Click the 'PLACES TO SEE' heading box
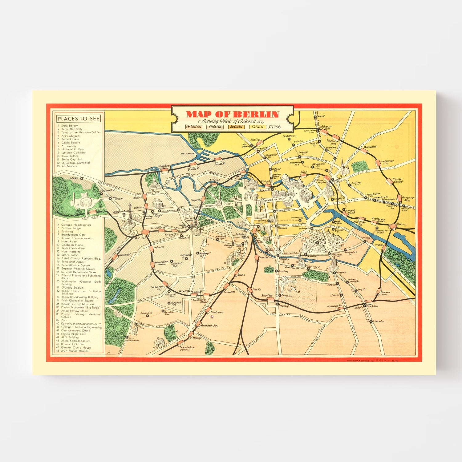click(x=79, y=119)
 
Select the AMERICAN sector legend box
click(x=194, y=127)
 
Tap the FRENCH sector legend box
click(x=257, y=127)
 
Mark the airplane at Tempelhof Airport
click(x=293, y=289)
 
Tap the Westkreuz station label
click(x=140, y=238)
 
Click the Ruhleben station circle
click(x=82, y=178)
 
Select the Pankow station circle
click(x=315, y=117)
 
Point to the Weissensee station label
click(x=370, y=147)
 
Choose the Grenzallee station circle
click(x=371, y=321)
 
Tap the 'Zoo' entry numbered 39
click(x=64, y=320)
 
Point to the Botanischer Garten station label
click(x=187, y=348)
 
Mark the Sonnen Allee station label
click(x=385, y=293)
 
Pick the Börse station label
click(x=304, y=172)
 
